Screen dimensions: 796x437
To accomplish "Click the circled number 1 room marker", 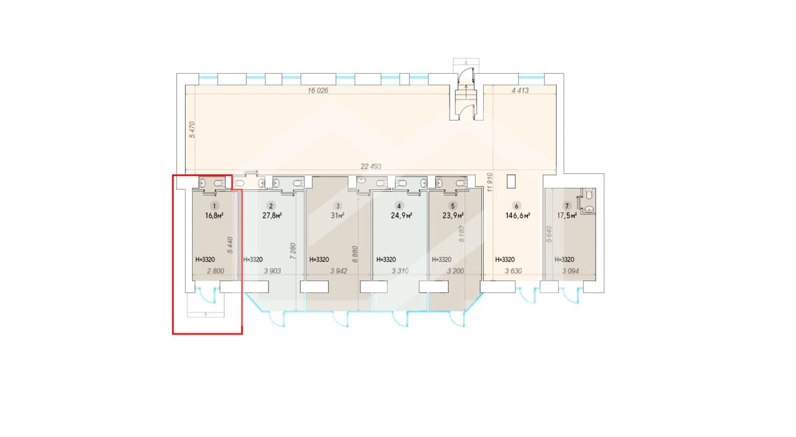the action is point(214,206).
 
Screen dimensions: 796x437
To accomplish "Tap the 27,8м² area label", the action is point(272,216).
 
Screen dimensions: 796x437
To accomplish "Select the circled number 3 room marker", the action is point(338,206).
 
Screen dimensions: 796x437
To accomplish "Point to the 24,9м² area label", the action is point(402,216).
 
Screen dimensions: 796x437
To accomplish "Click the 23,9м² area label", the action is point(453,216).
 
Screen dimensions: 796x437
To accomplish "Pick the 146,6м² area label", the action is point(518,216).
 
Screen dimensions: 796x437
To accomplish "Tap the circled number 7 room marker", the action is point(567,206).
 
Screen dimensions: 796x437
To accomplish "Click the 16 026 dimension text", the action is point(318,91).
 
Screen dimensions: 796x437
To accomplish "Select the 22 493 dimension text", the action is point(371,166).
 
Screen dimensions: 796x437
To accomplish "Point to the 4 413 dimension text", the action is point(520,91).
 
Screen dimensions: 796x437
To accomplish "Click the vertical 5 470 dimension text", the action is point(192,130).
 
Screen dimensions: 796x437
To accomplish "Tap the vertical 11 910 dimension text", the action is point(490,183).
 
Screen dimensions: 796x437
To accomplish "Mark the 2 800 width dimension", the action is point(216,271).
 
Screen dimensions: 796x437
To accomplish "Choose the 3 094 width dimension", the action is point(570,271).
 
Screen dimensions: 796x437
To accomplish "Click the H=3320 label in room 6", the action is point(505,260).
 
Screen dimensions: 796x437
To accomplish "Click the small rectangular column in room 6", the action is point(511,181).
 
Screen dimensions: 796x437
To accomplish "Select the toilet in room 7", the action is point(589,194).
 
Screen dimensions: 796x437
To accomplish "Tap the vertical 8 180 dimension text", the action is point(462,234).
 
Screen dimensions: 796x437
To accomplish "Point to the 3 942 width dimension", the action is point(339,271).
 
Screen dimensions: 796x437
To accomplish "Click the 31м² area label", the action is point(338,216).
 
